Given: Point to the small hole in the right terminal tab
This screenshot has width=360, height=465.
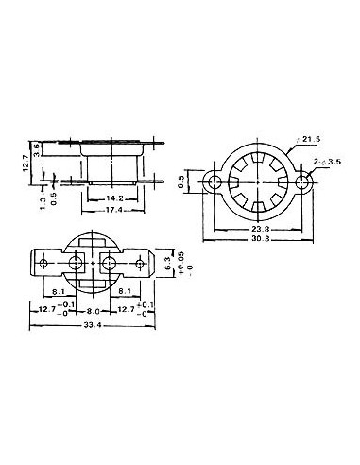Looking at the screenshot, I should [x=142, y=260].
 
